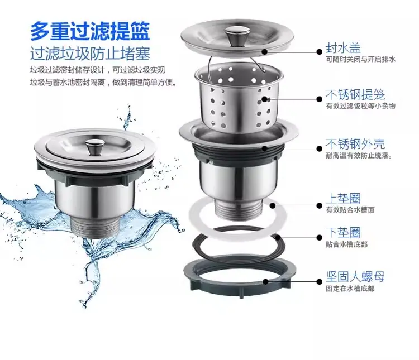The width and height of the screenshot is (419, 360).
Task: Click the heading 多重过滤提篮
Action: (90, 31)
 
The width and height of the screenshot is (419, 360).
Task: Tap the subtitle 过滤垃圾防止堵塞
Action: (90, 54)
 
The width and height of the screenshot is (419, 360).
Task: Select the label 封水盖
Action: (343, 48)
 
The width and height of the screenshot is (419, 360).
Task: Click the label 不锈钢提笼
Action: (355, 94)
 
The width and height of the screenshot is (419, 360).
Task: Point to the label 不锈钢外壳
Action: (355, 144)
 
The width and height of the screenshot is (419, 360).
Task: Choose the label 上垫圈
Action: (343, 198)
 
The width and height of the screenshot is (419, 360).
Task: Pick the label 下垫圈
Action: (343, 232)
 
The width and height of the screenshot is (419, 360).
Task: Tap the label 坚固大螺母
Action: (355, 276)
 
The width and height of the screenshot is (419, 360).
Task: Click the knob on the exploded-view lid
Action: (234, 35)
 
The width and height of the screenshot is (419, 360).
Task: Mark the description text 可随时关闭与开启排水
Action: (360, 59)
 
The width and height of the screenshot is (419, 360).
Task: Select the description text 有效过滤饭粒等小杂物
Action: (360, 106)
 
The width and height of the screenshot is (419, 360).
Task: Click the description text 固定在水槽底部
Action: (350, 289)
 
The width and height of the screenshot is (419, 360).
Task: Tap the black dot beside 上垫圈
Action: (319, 205)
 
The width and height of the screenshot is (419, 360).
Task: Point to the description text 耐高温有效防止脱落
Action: (359, 156)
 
